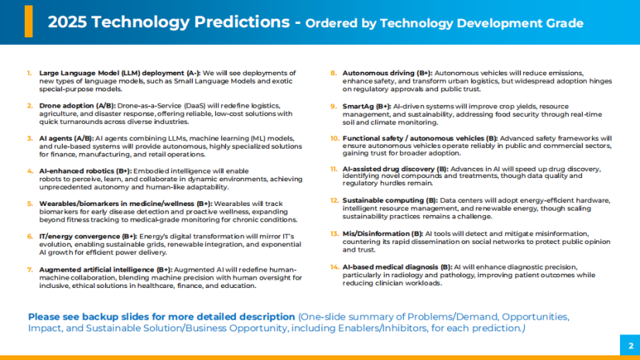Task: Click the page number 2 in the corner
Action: tap(630, 346)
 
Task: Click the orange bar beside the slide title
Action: tap(29, 22)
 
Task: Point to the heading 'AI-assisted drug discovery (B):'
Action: tap(395, 170)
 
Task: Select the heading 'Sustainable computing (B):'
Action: tap(390, 200)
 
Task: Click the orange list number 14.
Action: tap(334, 266)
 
